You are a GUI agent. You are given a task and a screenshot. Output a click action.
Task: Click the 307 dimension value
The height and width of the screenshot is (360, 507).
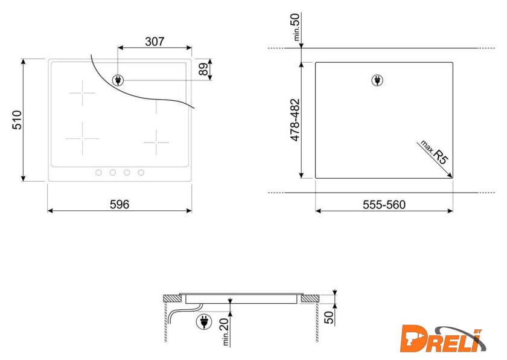[x=155, y=42]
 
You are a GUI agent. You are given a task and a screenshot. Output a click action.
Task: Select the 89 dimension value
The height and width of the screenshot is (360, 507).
[x=203, y=69]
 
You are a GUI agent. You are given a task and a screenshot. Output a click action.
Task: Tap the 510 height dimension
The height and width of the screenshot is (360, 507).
[x=17, y=120]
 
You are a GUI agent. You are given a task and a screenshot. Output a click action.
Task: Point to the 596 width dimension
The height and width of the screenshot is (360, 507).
[x=120, y=204]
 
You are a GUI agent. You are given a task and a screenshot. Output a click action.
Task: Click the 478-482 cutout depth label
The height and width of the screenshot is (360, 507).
[x=295, y=120]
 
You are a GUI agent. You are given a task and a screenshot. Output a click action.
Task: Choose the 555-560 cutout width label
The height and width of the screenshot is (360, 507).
[x=384, y=205]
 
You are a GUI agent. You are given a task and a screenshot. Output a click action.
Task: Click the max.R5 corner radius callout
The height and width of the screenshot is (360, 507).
[x=434, y=152]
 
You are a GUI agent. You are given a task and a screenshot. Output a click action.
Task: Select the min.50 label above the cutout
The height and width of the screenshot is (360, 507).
[x=296, y=27]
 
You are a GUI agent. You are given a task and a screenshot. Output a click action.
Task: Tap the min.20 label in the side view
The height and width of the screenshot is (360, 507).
[x=225, y=332]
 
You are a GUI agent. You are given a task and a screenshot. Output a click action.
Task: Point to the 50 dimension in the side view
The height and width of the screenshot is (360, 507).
[x=329, y=317]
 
